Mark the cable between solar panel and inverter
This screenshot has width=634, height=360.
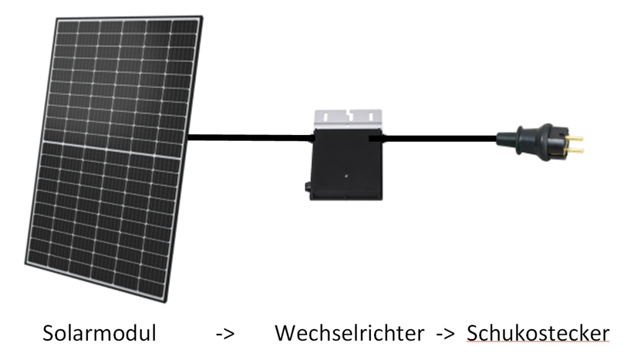click(x=248, y=138)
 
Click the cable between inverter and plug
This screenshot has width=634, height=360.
click(x=440, y=139)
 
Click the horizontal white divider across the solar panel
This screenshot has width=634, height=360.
click(x=111, y=143)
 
